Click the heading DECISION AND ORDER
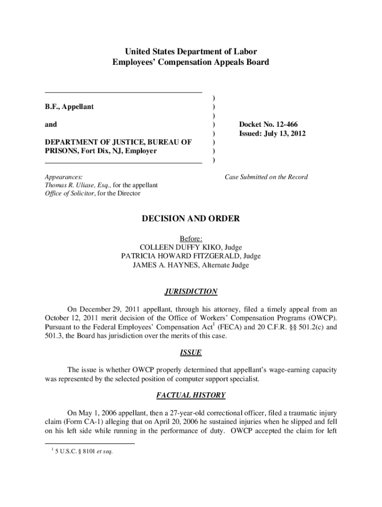click(191, 219)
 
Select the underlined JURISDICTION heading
click(191, 292)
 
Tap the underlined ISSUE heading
click(191, 353)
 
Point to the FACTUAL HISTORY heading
click(191, 396)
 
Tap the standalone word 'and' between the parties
click(51, 125)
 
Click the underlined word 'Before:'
click(191, 238)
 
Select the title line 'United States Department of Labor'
click(191, 51)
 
